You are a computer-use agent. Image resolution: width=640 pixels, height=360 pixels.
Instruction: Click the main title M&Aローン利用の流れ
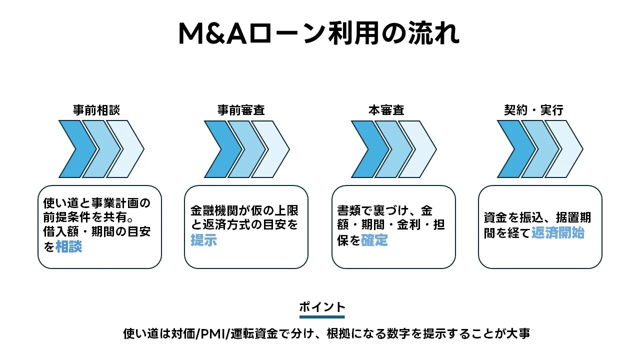tap(319, 34)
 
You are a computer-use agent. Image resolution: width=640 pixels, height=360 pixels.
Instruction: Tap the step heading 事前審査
tap(241, 110)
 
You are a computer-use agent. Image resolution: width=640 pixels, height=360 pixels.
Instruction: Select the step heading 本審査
tap(386, 110)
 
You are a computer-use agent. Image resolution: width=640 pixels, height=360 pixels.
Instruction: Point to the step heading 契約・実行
tap(533, 110)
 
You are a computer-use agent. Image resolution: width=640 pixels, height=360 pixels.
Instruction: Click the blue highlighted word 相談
tap(69, 246)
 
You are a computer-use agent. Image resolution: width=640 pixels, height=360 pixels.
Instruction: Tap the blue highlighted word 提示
tap(203, 240)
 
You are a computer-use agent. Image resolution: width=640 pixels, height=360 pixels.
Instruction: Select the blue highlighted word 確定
tap(374, 240)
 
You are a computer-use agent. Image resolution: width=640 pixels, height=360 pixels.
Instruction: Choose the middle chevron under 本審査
tap(391, 149)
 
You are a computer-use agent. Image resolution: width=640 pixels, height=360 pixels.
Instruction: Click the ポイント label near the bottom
tap(322, 306)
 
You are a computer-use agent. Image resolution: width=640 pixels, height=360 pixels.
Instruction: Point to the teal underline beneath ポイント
tap(322, 316)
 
